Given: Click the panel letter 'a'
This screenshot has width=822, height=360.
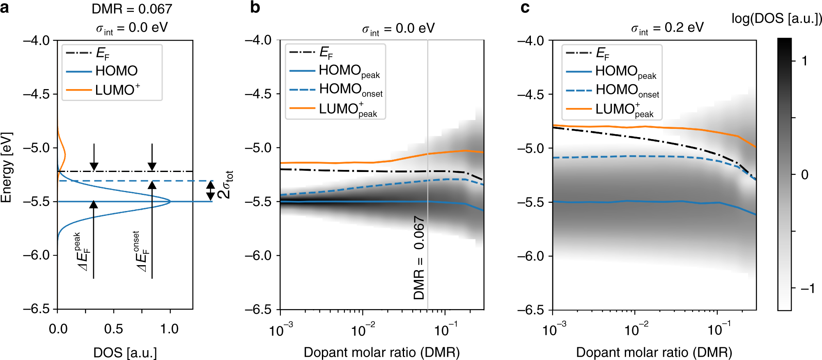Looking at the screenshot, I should coord(5,8).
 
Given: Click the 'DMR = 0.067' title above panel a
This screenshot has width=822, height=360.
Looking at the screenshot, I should coord(131,9).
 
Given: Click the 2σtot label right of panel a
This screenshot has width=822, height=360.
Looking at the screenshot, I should coord(225,185).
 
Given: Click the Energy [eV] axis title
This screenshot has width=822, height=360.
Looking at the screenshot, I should coord(7,167).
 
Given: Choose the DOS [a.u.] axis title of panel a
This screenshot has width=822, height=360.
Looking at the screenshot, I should coord(125,352).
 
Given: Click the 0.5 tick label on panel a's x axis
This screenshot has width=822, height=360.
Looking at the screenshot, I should coord(113,329).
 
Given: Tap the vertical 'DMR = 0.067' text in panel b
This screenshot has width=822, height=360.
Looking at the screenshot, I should coord(419,258).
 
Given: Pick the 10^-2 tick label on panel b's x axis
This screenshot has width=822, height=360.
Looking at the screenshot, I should coord(363,330).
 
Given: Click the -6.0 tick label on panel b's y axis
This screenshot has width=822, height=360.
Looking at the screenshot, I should coord(258,255).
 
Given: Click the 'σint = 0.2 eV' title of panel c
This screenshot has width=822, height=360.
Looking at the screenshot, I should coord(667,28).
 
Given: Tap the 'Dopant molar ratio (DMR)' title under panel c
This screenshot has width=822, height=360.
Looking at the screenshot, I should coord(654,352).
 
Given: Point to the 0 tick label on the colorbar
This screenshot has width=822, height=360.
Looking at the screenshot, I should coord(805,175).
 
